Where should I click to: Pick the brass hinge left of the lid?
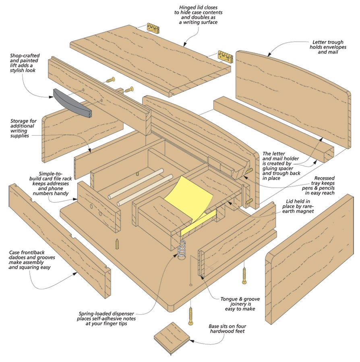point(153,28)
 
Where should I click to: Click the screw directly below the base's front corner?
point(191,315)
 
